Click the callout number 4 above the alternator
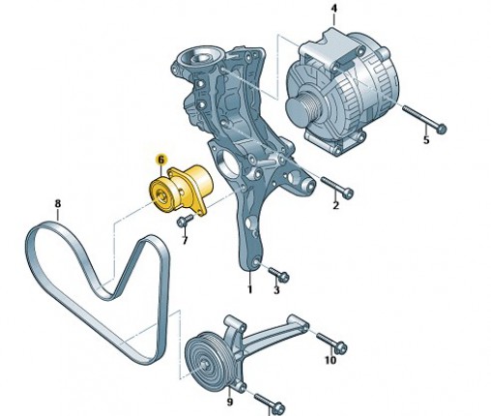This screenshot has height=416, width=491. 334,9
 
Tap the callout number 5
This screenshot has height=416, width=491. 426,140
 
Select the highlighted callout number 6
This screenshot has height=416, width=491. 161,160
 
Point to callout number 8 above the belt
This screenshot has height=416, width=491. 58,203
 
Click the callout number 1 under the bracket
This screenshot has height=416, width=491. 249,289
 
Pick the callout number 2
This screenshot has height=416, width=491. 335,205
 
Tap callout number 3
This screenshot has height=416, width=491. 276,290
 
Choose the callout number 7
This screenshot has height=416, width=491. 185,240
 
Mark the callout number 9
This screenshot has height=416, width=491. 229,401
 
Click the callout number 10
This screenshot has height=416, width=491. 330,360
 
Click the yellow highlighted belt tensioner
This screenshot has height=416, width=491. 182,191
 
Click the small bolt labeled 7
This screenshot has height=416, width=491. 185,221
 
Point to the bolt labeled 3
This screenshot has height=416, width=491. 278,274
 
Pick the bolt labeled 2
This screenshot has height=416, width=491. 337,187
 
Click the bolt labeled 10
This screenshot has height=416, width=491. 332,342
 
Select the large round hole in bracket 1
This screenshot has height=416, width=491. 227,163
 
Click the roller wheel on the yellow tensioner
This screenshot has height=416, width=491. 160,195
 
